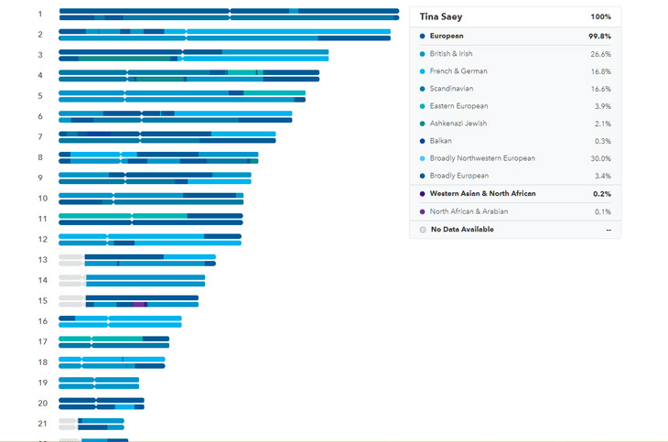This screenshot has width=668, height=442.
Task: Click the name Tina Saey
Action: [441, 16]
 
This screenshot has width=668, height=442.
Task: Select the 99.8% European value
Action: [599, 36]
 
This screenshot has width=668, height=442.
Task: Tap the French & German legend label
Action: [458, 71]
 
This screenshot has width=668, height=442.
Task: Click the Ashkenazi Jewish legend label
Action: [458, 124]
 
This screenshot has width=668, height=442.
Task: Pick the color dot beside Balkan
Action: [422, 141]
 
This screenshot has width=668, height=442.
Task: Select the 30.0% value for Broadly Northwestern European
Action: [599, 158]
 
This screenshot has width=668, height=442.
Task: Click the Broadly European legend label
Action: [459, 176]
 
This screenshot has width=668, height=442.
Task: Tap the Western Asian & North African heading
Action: [482, 194]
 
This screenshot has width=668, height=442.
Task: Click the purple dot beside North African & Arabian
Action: [422, 211]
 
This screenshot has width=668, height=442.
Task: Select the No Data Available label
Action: [462, 230]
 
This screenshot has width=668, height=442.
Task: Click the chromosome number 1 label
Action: [40, 14]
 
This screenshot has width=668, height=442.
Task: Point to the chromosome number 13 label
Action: [42, 260]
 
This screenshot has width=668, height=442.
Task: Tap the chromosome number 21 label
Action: [42, 424]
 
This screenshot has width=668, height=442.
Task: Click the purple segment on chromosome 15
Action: [139, 304]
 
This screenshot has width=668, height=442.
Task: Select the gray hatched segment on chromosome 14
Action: [71, 280]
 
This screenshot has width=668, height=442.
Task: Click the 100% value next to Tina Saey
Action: [600, 16]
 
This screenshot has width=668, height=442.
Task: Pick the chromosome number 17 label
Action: [42, 342]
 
